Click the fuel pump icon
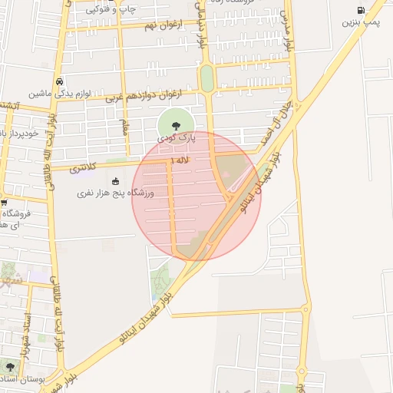(x=361, y=11)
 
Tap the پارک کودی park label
(x=177, y=138)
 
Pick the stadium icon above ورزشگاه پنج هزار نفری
(x=115, y=182)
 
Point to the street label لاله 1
(x=182, y=160)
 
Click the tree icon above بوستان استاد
(x=10, y=367)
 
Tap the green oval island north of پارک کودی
(x=206, y=78)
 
